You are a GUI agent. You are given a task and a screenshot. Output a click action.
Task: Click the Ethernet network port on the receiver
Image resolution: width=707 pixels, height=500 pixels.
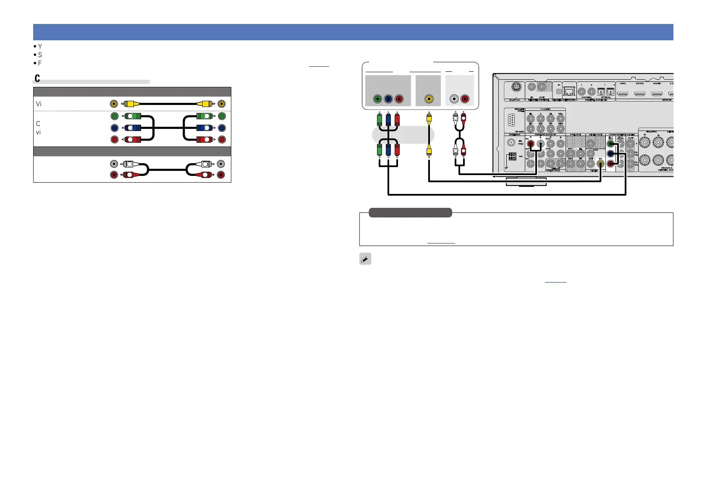point(569,91)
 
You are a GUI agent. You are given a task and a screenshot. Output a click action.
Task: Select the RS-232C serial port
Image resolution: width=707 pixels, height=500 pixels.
point(511,120)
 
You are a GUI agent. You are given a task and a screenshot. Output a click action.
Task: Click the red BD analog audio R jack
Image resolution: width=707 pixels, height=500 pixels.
point(531,144)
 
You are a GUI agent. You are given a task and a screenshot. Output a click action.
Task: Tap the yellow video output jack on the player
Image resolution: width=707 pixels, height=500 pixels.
point(428,99)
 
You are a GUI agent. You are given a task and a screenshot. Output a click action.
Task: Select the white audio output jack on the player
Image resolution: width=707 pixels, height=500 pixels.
point(453,99)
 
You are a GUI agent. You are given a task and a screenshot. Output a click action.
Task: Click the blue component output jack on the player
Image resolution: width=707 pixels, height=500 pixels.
point(388,99)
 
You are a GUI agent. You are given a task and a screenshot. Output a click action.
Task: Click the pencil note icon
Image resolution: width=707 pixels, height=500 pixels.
point(365,259)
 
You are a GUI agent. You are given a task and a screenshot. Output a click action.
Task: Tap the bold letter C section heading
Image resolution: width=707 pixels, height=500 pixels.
point(37,78)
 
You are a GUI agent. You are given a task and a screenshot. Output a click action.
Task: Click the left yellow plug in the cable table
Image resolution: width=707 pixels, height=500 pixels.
point(128,104)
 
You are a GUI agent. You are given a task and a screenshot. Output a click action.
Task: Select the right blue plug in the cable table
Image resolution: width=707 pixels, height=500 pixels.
point(205,128)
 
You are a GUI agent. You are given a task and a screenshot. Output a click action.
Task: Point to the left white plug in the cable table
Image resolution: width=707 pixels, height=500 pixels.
point(128,164)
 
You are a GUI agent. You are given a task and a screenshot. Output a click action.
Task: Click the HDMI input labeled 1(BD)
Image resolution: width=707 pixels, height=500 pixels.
point(622,94)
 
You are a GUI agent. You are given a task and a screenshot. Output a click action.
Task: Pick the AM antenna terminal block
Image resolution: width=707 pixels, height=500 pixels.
point(512,157)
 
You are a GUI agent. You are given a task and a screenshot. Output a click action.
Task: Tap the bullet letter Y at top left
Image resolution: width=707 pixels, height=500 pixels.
point(40,47)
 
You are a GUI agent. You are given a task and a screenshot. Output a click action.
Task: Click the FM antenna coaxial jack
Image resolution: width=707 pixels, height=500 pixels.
point(511,142)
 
